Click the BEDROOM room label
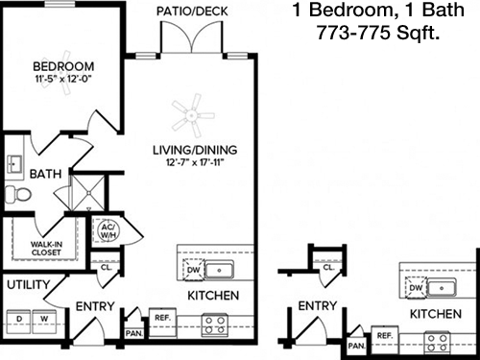pos(63,66)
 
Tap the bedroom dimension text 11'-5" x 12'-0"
pos(63,79)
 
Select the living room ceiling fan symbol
pos(193,115)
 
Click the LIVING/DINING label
pos(195,150)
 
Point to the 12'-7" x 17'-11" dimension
pos(195,162)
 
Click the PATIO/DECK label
pos(192,12)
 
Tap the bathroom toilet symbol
pos(18,194)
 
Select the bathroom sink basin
pos(14,164)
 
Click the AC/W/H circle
pos(106,230)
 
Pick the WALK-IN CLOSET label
pos(46,249)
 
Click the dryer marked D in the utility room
pos(19,322)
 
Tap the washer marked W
pos(44,322)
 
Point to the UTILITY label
pos(29,284)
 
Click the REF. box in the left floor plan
pos(162,323)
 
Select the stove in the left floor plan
pos(215,325)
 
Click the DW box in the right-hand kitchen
pos(416,288)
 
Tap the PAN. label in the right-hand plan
pos(356,346)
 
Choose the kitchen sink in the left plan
pos(219,271)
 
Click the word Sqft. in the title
pos(419,33)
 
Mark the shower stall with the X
pos(87,192)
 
